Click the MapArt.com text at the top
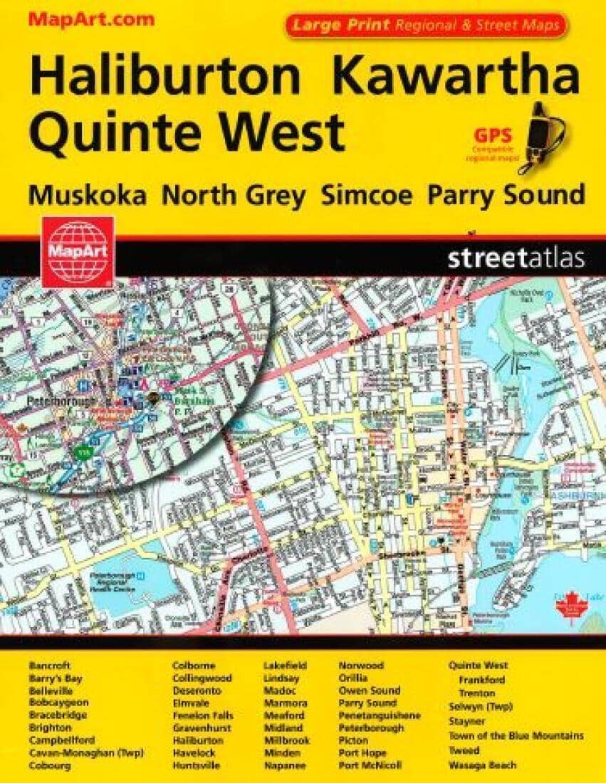point(90,19)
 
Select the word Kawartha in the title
point(456,78)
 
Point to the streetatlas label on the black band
point(516,258)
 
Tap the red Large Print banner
point(427,26)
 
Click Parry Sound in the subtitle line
point(506,194)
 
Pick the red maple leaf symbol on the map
point(569,608)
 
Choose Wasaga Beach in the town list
point(482,765)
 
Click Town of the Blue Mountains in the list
point(516,736)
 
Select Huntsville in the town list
point(196,765)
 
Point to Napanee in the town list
point(285,765)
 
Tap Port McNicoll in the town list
point(370,765)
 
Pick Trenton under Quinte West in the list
point(476,693)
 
